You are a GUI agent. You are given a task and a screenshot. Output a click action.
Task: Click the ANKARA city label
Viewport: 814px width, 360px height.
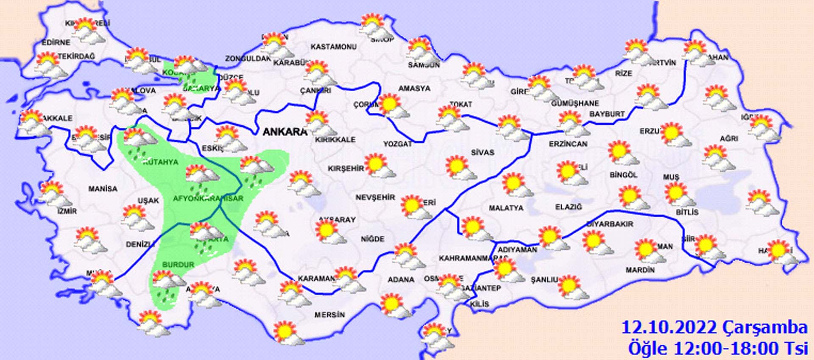pos(285,132)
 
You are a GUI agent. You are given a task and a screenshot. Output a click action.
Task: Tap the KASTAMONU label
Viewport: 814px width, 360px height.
pos(333,47)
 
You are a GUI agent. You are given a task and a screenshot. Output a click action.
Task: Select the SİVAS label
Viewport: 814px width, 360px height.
pos(482,152)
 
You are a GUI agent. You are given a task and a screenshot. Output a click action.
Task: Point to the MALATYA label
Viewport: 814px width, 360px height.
pos(506,208)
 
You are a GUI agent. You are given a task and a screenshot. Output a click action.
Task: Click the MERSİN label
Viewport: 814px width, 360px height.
pos(329,315)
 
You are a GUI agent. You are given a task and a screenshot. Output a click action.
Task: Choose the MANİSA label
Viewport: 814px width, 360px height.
pos(103,189)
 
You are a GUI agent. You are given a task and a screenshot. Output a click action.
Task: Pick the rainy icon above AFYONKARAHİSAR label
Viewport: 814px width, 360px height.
pos(202,176)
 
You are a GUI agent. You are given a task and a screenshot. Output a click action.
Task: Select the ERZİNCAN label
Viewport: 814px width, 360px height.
pos(568,144)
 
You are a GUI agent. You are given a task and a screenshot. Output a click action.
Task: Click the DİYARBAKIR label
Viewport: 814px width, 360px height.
pos(609,224)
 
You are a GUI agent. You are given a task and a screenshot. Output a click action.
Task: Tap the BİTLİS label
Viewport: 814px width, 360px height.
pos(687,212)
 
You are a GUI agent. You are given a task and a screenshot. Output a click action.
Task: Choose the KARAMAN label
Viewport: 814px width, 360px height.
pos(316,279)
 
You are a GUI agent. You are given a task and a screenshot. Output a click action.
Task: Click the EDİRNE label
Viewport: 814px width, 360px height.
pos(56,42)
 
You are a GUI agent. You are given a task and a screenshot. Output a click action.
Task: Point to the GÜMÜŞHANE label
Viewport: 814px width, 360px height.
pos(575,103)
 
